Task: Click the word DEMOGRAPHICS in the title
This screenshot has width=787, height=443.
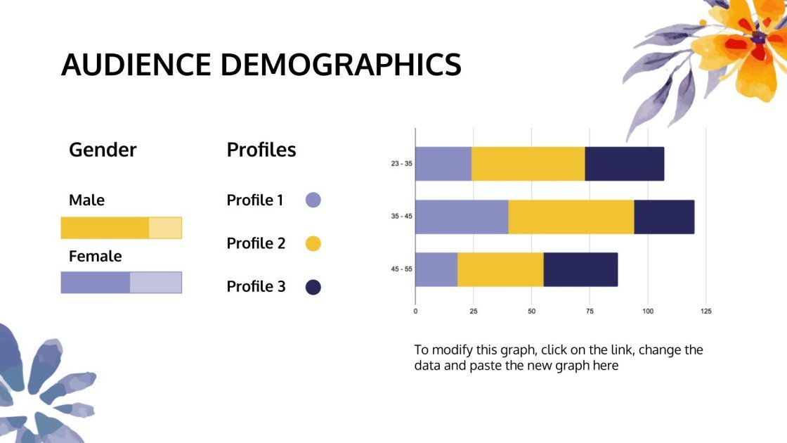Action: (x=341, y=64)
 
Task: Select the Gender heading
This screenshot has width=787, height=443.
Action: (x=103, y=150)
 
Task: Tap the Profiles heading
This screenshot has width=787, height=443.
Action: (x=261, y=150)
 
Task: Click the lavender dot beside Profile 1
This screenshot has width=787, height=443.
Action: (x=313, y=200)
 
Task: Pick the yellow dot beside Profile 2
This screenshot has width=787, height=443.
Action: (x=313, y=244)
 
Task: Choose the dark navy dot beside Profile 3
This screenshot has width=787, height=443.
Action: (x=313, y=287)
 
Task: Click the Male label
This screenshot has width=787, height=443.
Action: (x=86, y=200)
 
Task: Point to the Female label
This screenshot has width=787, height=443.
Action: (x=95, y=256)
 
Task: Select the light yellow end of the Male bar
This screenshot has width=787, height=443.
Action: (x=165, y=228)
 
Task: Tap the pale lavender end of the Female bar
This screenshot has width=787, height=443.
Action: (x=156, y=283)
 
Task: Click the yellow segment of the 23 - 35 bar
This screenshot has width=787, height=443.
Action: (x=528, y=164)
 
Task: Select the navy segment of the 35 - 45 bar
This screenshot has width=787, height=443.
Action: (x=664, y=217)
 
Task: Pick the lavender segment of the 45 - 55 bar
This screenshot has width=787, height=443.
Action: (x=436, y=269)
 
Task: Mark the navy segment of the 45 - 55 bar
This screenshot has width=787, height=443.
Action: (x=580, y=269)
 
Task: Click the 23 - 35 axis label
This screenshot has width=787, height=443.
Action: (x=401, y=164)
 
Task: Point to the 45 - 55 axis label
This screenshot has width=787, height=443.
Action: (x=401, y=269)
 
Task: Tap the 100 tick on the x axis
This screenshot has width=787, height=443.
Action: (x=648, y=311)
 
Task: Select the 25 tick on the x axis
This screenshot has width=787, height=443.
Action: (x=474, y=311)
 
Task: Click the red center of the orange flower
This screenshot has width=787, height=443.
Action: (x=758, y=38)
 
